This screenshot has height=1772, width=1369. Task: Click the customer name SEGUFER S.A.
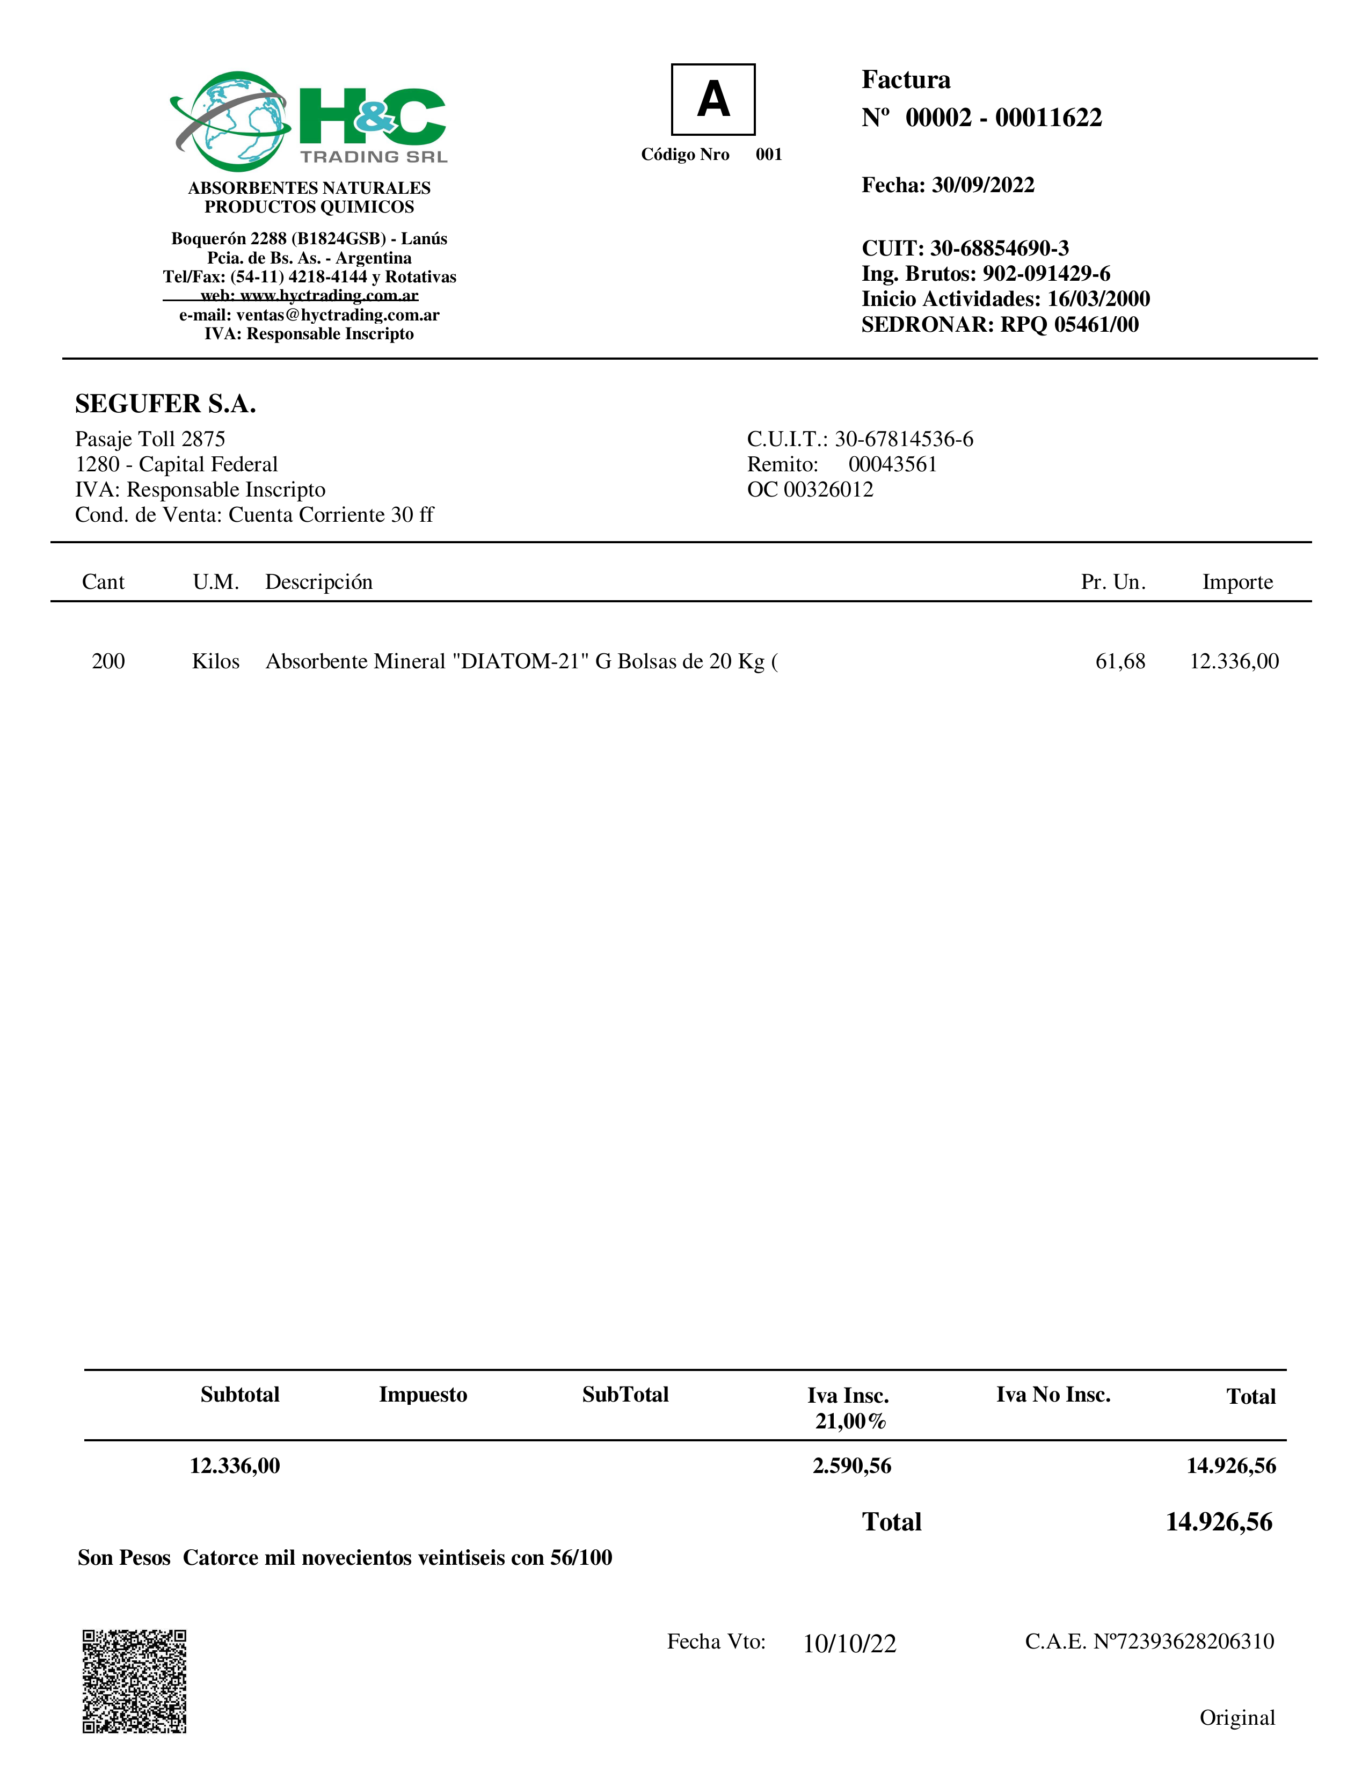(165, 403)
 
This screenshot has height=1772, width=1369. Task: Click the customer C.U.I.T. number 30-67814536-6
(904, 439)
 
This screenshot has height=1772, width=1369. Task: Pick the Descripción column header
(319, 582)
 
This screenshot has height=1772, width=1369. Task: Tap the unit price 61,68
(1120, 661)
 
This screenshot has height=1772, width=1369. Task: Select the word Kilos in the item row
(216, 661)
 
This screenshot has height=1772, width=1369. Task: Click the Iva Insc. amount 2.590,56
(851, 1465)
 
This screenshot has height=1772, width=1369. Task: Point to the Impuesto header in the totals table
(423, 1394)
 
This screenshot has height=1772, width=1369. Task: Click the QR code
(135, 1681)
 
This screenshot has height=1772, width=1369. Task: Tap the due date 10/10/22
(850, 1644)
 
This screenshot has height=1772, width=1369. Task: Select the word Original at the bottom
(1237, 1718)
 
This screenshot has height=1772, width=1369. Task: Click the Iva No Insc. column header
(1052, 1394)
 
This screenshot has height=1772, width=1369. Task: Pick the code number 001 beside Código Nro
(768, 154)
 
